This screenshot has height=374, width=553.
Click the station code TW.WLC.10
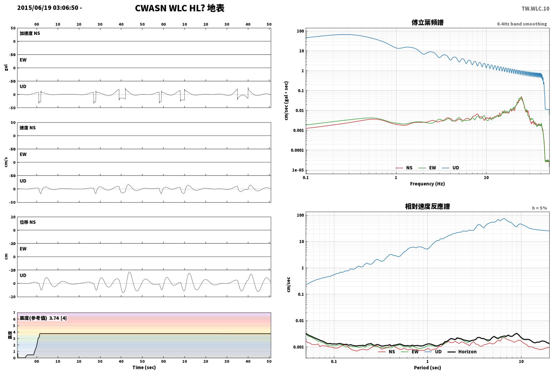pyautogui.click(x=535, y=9)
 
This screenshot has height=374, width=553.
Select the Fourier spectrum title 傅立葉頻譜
pyautogui.click(x=427, y=23)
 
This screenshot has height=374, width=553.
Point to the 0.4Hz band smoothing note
pyautogui.click(x=522, y=24)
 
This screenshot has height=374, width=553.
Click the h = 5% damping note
pyautogui.click(x=540, y=208)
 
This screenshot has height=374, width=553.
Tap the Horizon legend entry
pyautogui.click(x=462, y=351)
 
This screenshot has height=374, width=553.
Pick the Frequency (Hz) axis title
pyautogui.click(x=427, y=184)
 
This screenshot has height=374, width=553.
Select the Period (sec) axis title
pyautogui.click(x=427, y=368)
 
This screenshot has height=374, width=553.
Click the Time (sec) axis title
pyautogui.click(x=144, y=367)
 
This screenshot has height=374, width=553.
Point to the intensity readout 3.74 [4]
pyautogui.click(x=58, y=318)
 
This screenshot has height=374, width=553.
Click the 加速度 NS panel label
pyautogui.click(x=30, y=33)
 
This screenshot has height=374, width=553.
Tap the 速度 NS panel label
pyautogui.click(x=28, y=128)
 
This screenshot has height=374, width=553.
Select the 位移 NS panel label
pyautogui.click(x=28, y=222)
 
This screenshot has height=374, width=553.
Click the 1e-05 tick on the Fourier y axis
pyautogui.click(x=298, y=170)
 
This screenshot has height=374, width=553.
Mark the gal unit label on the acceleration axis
pyautogui.click(x=6, y=68)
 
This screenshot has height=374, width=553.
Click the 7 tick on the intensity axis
pyautogui.click(x=14, y=313)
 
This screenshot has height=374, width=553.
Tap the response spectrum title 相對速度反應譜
pyautogui.click(x=427, y=206)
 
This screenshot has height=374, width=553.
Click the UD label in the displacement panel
pyautogui.click(x=23, y=275)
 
